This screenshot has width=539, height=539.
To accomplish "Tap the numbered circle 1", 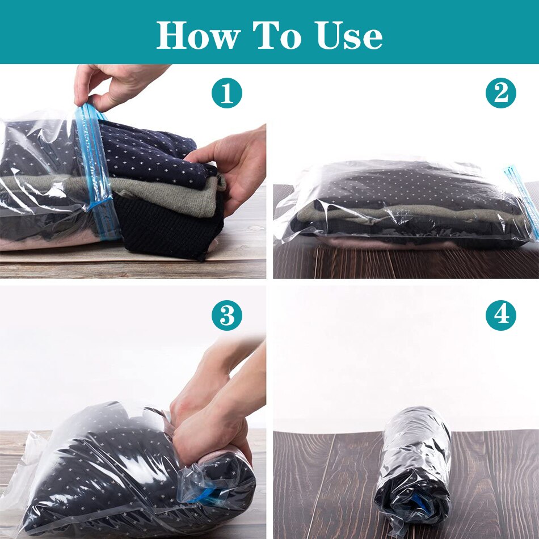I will tap(227, 93).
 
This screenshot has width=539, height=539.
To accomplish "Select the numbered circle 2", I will tap(501, 93).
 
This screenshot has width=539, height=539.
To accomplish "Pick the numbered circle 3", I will tap(227, 315).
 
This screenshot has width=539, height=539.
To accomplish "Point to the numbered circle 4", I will tap(501, 315).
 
